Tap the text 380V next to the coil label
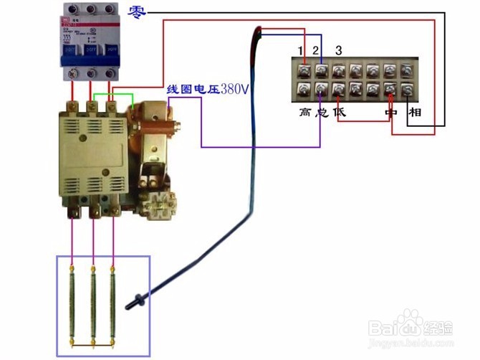point(234,90)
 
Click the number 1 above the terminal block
point(302,50)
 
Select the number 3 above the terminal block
point(338,49)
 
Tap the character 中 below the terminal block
point(390,113)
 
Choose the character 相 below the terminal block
point(415,113)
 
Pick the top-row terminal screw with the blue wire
point(322,70)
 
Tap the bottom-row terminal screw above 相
point(408,90)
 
